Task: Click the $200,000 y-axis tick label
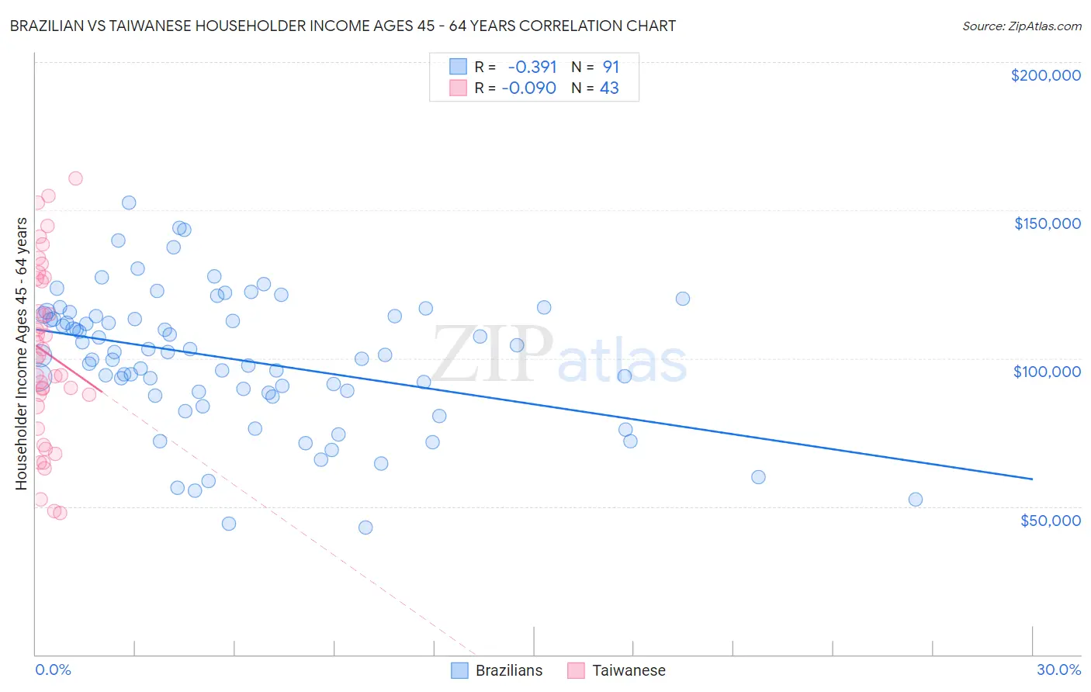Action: coord(1045,75)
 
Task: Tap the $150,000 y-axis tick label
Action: coord(1047,223)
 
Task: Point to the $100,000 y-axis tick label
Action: coord(1047,372)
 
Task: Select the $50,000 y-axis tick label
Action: coord(1050,520)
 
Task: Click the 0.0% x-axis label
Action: coord(53,670)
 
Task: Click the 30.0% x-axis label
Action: coord(1058,670)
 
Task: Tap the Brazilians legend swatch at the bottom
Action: coord(459,670)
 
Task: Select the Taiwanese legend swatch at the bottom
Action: coord(576,670)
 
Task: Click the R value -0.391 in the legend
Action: coord(532,67)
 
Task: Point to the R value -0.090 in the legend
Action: coord(529,88)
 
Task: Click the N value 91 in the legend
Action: coord(611,67)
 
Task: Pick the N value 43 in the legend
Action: coord(609,88)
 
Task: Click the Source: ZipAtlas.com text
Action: coord(1021,26)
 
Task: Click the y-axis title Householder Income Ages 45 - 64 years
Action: coord(21,354)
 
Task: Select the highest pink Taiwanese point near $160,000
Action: coord(75,178)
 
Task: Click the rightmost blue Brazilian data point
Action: coord(916,500)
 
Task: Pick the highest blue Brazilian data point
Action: coord(129,202)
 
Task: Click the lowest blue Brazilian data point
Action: coord(365,528)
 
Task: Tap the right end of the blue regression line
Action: coord(1032,479)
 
